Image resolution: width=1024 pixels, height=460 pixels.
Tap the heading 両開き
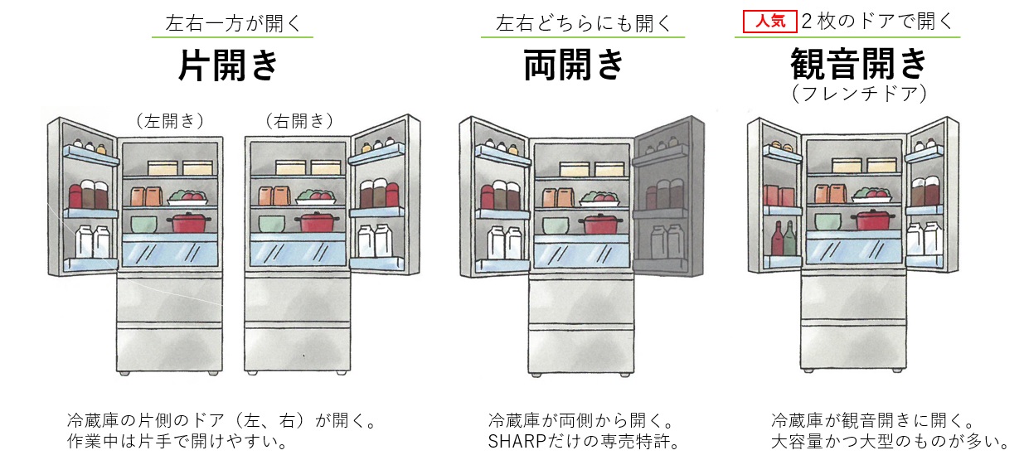pos(573,65)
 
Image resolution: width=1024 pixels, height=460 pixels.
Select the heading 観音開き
pos(857,64)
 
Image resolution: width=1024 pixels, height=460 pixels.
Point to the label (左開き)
pos(169,120)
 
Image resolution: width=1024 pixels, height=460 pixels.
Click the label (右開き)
pos(299,120)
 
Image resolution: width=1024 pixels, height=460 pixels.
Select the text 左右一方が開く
pos(234,22)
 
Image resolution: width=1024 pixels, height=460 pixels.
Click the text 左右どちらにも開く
pos(583,22)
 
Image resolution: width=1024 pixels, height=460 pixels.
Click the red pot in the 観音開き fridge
pos(874,220)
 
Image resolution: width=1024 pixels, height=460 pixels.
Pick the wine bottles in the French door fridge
pos(784,238)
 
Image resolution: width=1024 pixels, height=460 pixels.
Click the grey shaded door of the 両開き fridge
pos(667,199)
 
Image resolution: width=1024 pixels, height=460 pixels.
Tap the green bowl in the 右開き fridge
pos(271,223)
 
